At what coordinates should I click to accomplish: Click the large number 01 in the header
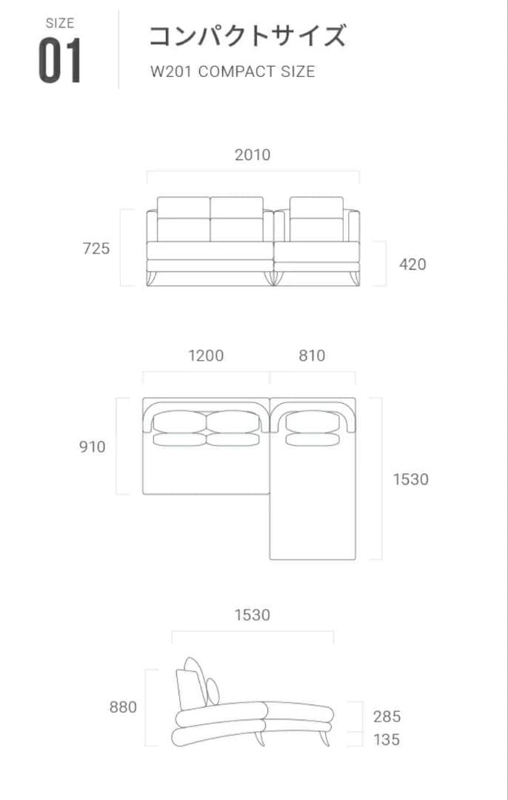pos(60,61)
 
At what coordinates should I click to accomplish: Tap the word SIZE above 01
pos(60,23)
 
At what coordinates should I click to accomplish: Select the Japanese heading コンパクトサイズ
pos(247,36)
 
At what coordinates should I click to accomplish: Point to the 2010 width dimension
pos(253,155)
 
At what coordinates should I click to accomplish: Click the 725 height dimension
pos(96,248)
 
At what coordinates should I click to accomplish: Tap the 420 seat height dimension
pos(412,264)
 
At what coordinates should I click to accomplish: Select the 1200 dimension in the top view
pos(206,355)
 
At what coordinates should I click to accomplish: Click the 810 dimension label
pos(313,355)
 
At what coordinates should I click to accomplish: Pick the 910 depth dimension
pos(93,447)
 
